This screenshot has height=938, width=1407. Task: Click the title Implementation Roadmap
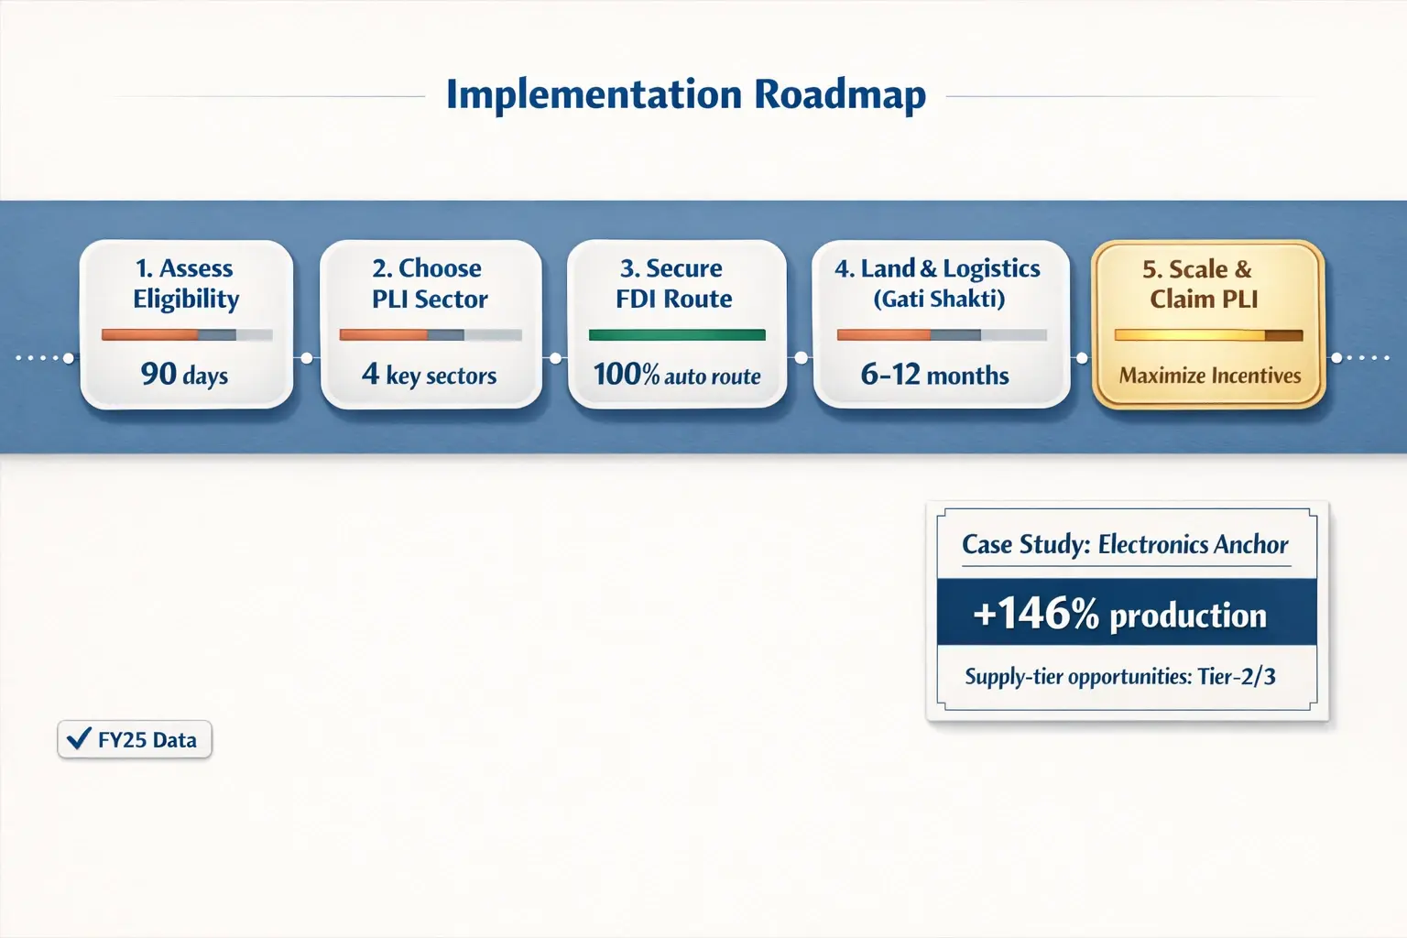[685, 95]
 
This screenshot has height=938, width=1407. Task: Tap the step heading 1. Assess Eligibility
[186, 283]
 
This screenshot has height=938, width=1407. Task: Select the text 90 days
[184, 375]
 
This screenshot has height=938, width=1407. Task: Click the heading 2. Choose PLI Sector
[429, 283]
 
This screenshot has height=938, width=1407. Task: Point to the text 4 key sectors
[429, 375]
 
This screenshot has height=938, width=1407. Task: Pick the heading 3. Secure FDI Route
[673, 283]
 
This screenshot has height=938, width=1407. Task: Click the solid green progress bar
[676, 335]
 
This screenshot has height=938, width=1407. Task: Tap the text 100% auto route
[676, 375]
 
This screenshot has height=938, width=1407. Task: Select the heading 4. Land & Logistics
[937, 268]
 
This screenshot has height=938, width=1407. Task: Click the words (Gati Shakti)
[939, 300]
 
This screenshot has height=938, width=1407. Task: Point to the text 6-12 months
[934, 375]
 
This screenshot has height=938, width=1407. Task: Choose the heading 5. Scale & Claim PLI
[1203, 283]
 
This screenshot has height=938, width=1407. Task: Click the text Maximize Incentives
[1209, 376]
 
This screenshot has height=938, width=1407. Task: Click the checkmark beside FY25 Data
[80, 738]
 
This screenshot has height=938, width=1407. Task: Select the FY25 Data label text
[147, 740]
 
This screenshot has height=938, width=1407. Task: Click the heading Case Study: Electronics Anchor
[1125, 544]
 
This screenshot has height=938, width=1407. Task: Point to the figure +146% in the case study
[1035, 614]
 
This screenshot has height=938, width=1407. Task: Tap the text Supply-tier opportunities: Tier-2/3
[1119, 677]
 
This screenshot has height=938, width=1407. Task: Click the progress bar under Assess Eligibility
[186, 335]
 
